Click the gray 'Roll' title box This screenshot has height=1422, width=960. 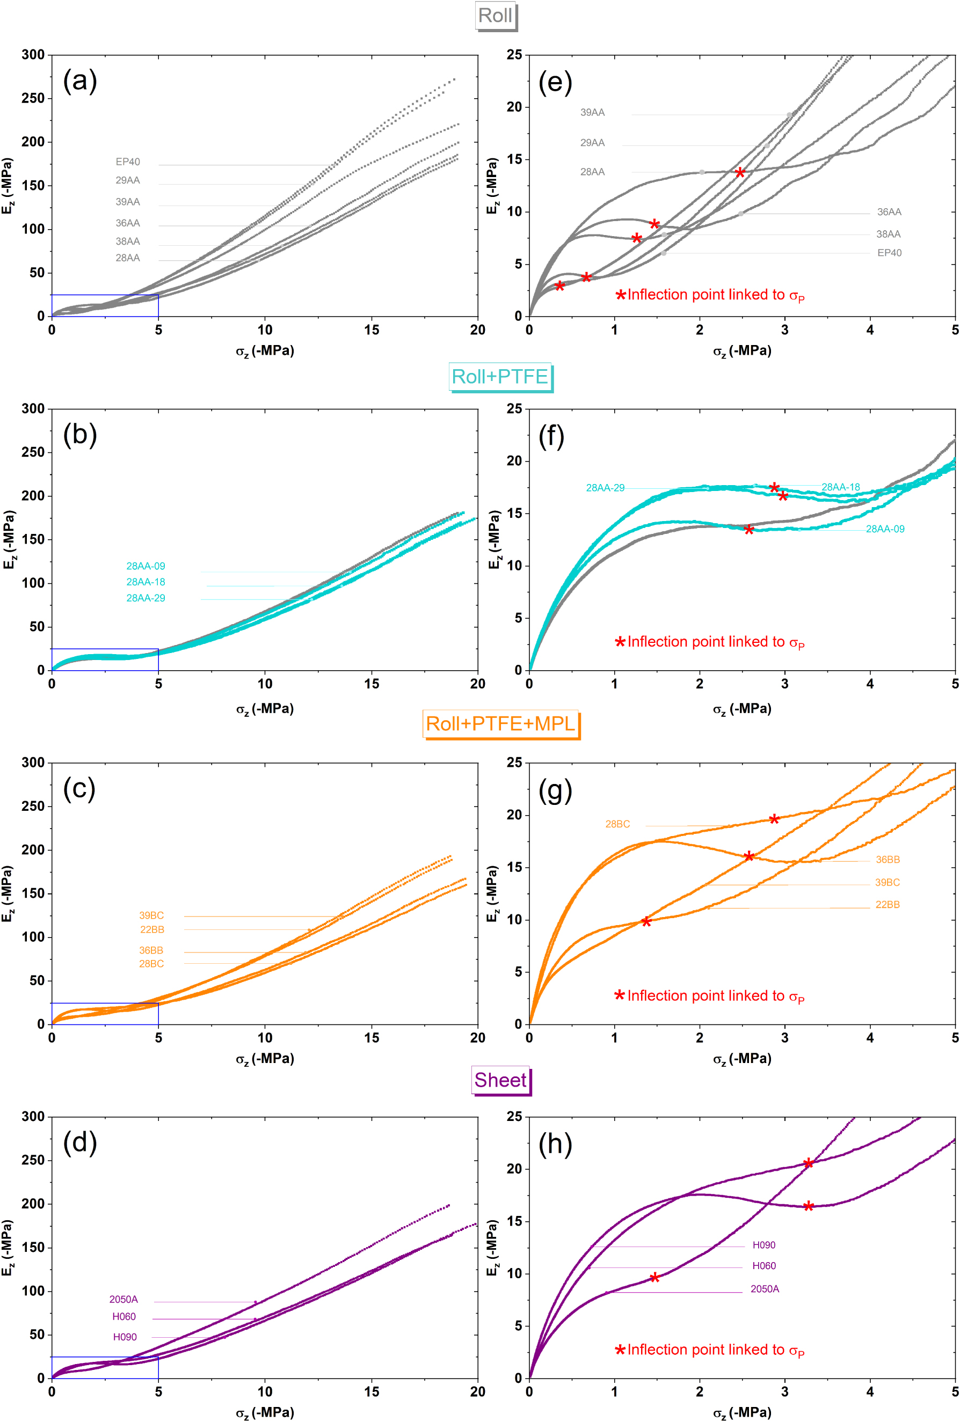point(496,16)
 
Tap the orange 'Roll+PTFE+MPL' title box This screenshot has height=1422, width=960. point(500,724)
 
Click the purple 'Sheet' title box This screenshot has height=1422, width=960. point(500,1080)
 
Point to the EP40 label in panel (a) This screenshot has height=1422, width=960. point(127,162)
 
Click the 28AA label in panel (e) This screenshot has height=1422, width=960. point(592,172)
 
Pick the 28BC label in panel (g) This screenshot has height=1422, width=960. point(617,824)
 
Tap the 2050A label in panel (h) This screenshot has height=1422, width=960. point(765,1288)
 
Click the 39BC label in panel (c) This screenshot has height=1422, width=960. point(151,915)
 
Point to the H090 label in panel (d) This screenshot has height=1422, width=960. point(125,1337)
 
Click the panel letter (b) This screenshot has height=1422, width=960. point(79,436)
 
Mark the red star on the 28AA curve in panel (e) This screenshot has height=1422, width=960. point(740,173)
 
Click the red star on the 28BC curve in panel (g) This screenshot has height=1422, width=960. point(774,819)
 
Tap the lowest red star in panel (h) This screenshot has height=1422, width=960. point(654,1277)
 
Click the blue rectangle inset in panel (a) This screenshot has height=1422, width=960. point(105,305)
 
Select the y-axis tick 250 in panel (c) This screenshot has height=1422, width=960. point(33,807)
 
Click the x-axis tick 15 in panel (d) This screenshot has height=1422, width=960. point(372,1391)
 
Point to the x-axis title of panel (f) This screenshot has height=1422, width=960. point(741,709)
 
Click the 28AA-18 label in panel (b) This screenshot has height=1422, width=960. point(146,582)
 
